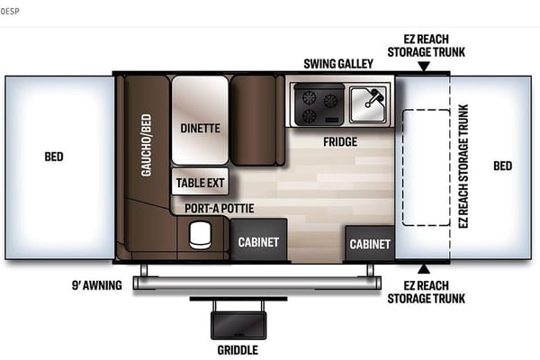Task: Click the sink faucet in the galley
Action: coord(373,96)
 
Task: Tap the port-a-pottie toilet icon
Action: coord(200,235)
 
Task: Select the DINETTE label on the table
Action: coord(200,129)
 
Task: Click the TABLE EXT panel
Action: coord(200,182)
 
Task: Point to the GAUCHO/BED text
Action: coord(147,145)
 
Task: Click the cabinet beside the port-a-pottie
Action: coord(258,239)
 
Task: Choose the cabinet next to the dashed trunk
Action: coord(370,244)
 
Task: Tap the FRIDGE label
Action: coord(340,142)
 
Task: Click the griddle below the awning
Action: coord(238,325)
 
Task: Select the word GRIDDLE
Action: coord(238,350)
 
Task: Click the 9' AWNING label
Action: coord(97,285)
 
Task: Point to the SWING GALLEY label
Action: coord(338,64)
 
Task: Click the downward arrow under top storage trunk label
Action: coord(424,66)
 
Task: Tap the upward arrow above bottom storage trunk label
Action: coord(424,269)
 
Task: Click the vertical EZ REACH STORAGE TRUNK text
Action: coord(463,166)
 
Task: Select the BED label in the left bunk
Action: coord(54,157)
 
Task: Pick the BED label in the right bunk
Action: coord(503,166)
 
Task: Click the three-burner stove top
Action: coord(319,104)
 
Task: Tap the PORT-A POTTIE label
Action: coord(220,209)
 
